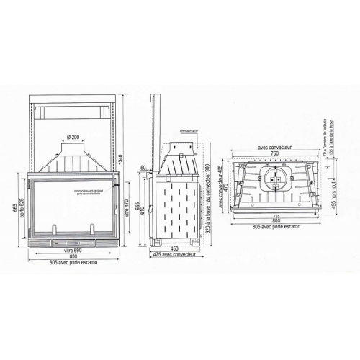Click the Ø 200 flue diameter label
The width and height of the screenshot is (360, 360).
(x=73, y=137)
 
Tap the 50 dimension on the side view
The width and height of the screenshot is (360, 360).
(x=144, y=168)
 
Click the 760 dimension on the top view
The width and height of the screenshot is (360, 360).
(x=272, y=153)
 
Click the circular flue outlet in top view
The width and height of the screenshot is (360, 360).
(x=274, y=178)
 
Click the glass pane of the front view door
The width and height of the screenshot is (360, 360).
(x=72, y=209)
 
